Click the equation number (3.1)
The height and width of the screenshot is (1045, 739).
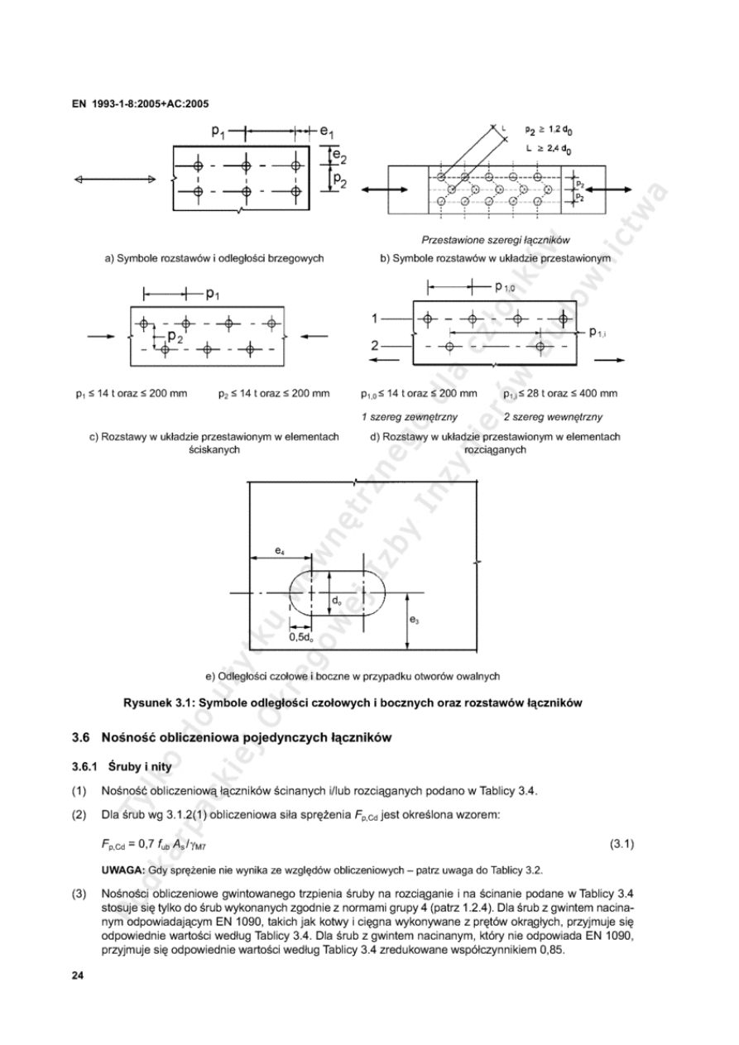click(x=621, y=844)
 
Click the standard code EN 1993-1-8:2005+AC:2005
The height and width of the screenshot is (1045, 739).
click(x=140, y=104)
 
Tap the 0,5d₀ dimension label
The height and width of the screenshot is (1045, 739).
click(x=301, y=637)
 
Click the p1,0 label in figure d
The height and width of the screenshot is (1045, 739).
click(x=504, y=288)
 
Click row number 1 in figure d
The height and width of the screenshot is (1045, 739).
click(x=375, y=318)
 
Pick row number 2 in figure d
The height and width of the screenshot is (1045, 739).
click(x=375, y=345)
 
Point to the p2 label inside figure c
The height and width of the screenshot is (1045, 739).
click(x=175, y=337)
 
